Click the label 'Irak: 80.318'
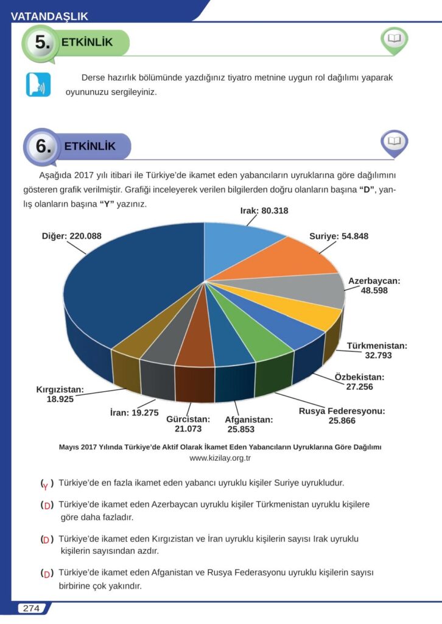click(x=260, y=211)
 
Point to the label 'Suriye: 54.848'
click(x=339, y=236)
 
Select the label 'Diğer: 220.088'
click(x=80, y=235)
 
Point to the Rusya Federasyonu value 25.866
click(x=342, y=421)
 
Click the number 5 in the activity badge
click(x=41, y=43)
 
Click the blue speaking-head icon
click(x=37, y=85)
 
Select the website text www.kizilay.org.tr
click(x=220, y=458)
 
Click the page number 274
click(x=30, y=608)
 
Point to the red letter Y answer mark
click(x=46, y=485)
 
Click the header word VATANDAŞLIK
click(x=49, y=17)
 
